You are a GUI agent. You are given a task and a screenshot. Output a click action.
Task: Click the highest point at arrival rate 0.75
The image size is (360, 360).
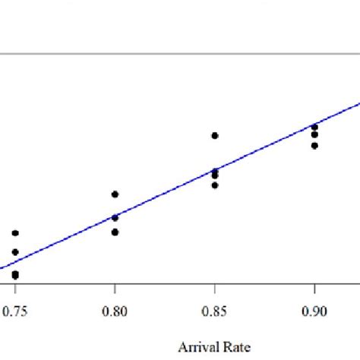pyautogui.click(x=15, y=233)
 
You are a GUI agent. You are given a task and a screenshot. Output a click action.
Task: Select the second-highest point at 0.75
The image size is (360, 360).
pyautogui.click(x=15, y=251)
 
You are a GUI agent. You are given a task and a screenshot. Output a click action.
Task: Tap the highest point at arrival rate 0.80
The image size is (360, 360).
pyautogui.click(x=115, y=194)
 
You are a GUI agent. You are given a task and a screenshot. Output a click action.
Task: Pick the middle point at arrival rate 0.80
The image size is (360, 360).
pyautogui.click(x=115, y=218)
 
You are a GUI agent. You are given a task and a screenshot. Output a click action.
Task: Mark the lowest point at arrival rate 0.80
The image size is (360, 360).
pyautogui.click(x=115, y=232)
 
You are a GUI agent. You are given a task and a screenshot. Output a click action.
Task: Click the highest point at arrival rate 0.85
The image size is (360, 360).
pyautogui.click(x=215, y=135)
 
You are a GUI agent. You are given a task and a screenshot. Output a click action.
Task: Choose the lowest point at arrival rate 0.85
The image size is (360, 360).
pyautogui.click(x=215, y=185)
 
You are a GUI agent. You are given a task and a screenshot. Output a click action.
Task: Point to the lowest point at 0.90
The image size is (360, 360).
pyautogui.click(x=314, y=145)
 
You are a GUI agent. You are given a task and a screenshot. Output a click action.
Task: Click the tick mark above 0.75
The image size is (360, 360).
pyautogui.click(x=15, y=289)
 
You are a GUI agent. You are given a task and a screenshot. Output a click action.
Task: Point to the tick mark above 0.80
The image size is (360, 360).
pyautogui.click(x=115, y=289)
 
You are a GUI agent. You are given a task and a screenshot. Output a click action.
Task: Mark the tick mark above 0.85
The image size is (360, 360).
pyautogui.click(x=215, y=289)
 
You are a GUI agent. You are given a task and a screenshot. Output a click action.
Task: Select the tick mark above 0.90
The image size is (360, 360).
pyautogui.click(x=314, y=289)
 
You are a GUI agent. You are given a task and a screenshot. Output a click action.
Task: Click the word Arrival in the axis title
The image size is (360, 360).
pyautogui.click(x=194, y=347)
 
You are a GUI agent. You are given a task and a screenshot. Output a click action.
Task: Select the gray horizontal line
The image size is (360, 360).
pyautogui.click(x=180, y=54)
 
